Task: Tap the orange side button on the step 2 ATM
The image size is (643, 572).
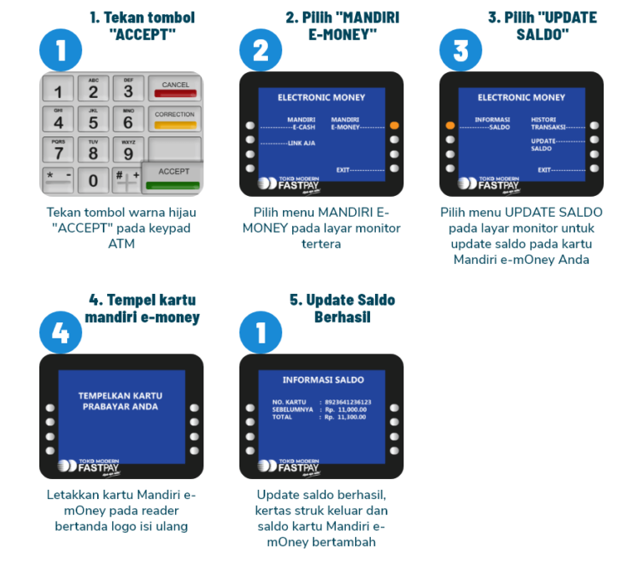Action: pyautogui.click(x=394, y=126)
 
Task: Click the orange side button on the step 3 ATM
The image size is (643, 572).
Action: pyautogui.click(x=450, y=126)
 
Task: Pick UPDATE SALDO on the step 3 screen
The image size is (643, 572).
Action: pyautogui.click(x=543, y=144)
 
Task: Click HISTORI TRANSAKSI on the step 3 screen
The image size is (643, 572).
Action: pyautogui.click(x=548, y=123)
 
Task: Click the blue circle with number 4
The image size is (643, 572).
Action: pyautogui.click(x=60, y=334)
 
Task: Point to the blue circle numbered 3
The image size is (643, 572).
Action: pyautogui.click(x=460, y=51)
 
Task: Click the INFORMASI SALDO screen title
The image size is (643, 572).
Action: pyautogui.click(x=322, y=379)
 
